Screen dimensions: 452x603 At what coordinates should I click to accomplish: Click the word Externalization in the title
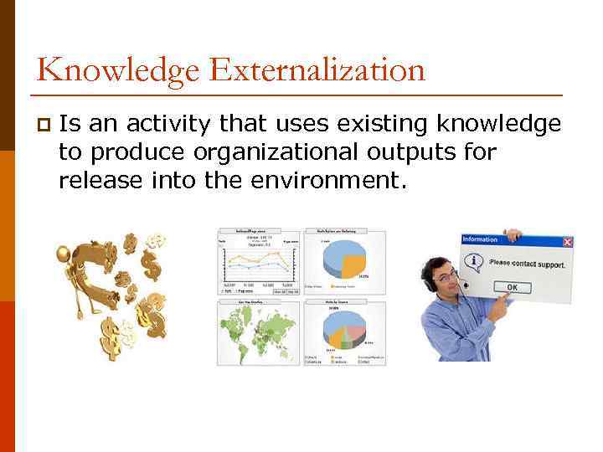[318, 69]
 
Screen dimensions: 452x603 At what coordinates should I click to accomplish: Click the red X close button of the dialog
[568, 241]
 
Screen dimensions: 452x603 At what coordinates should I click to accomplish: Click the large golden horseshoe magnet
[92, 272]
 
